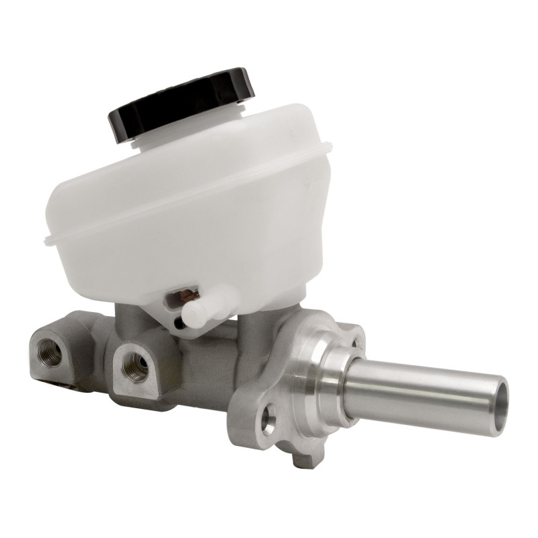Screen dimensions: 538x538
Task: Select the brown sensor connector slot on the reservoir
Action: [x=186, y=296]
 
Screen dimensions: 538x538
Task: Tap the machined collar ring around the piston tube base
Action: [x=323, y=377]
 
